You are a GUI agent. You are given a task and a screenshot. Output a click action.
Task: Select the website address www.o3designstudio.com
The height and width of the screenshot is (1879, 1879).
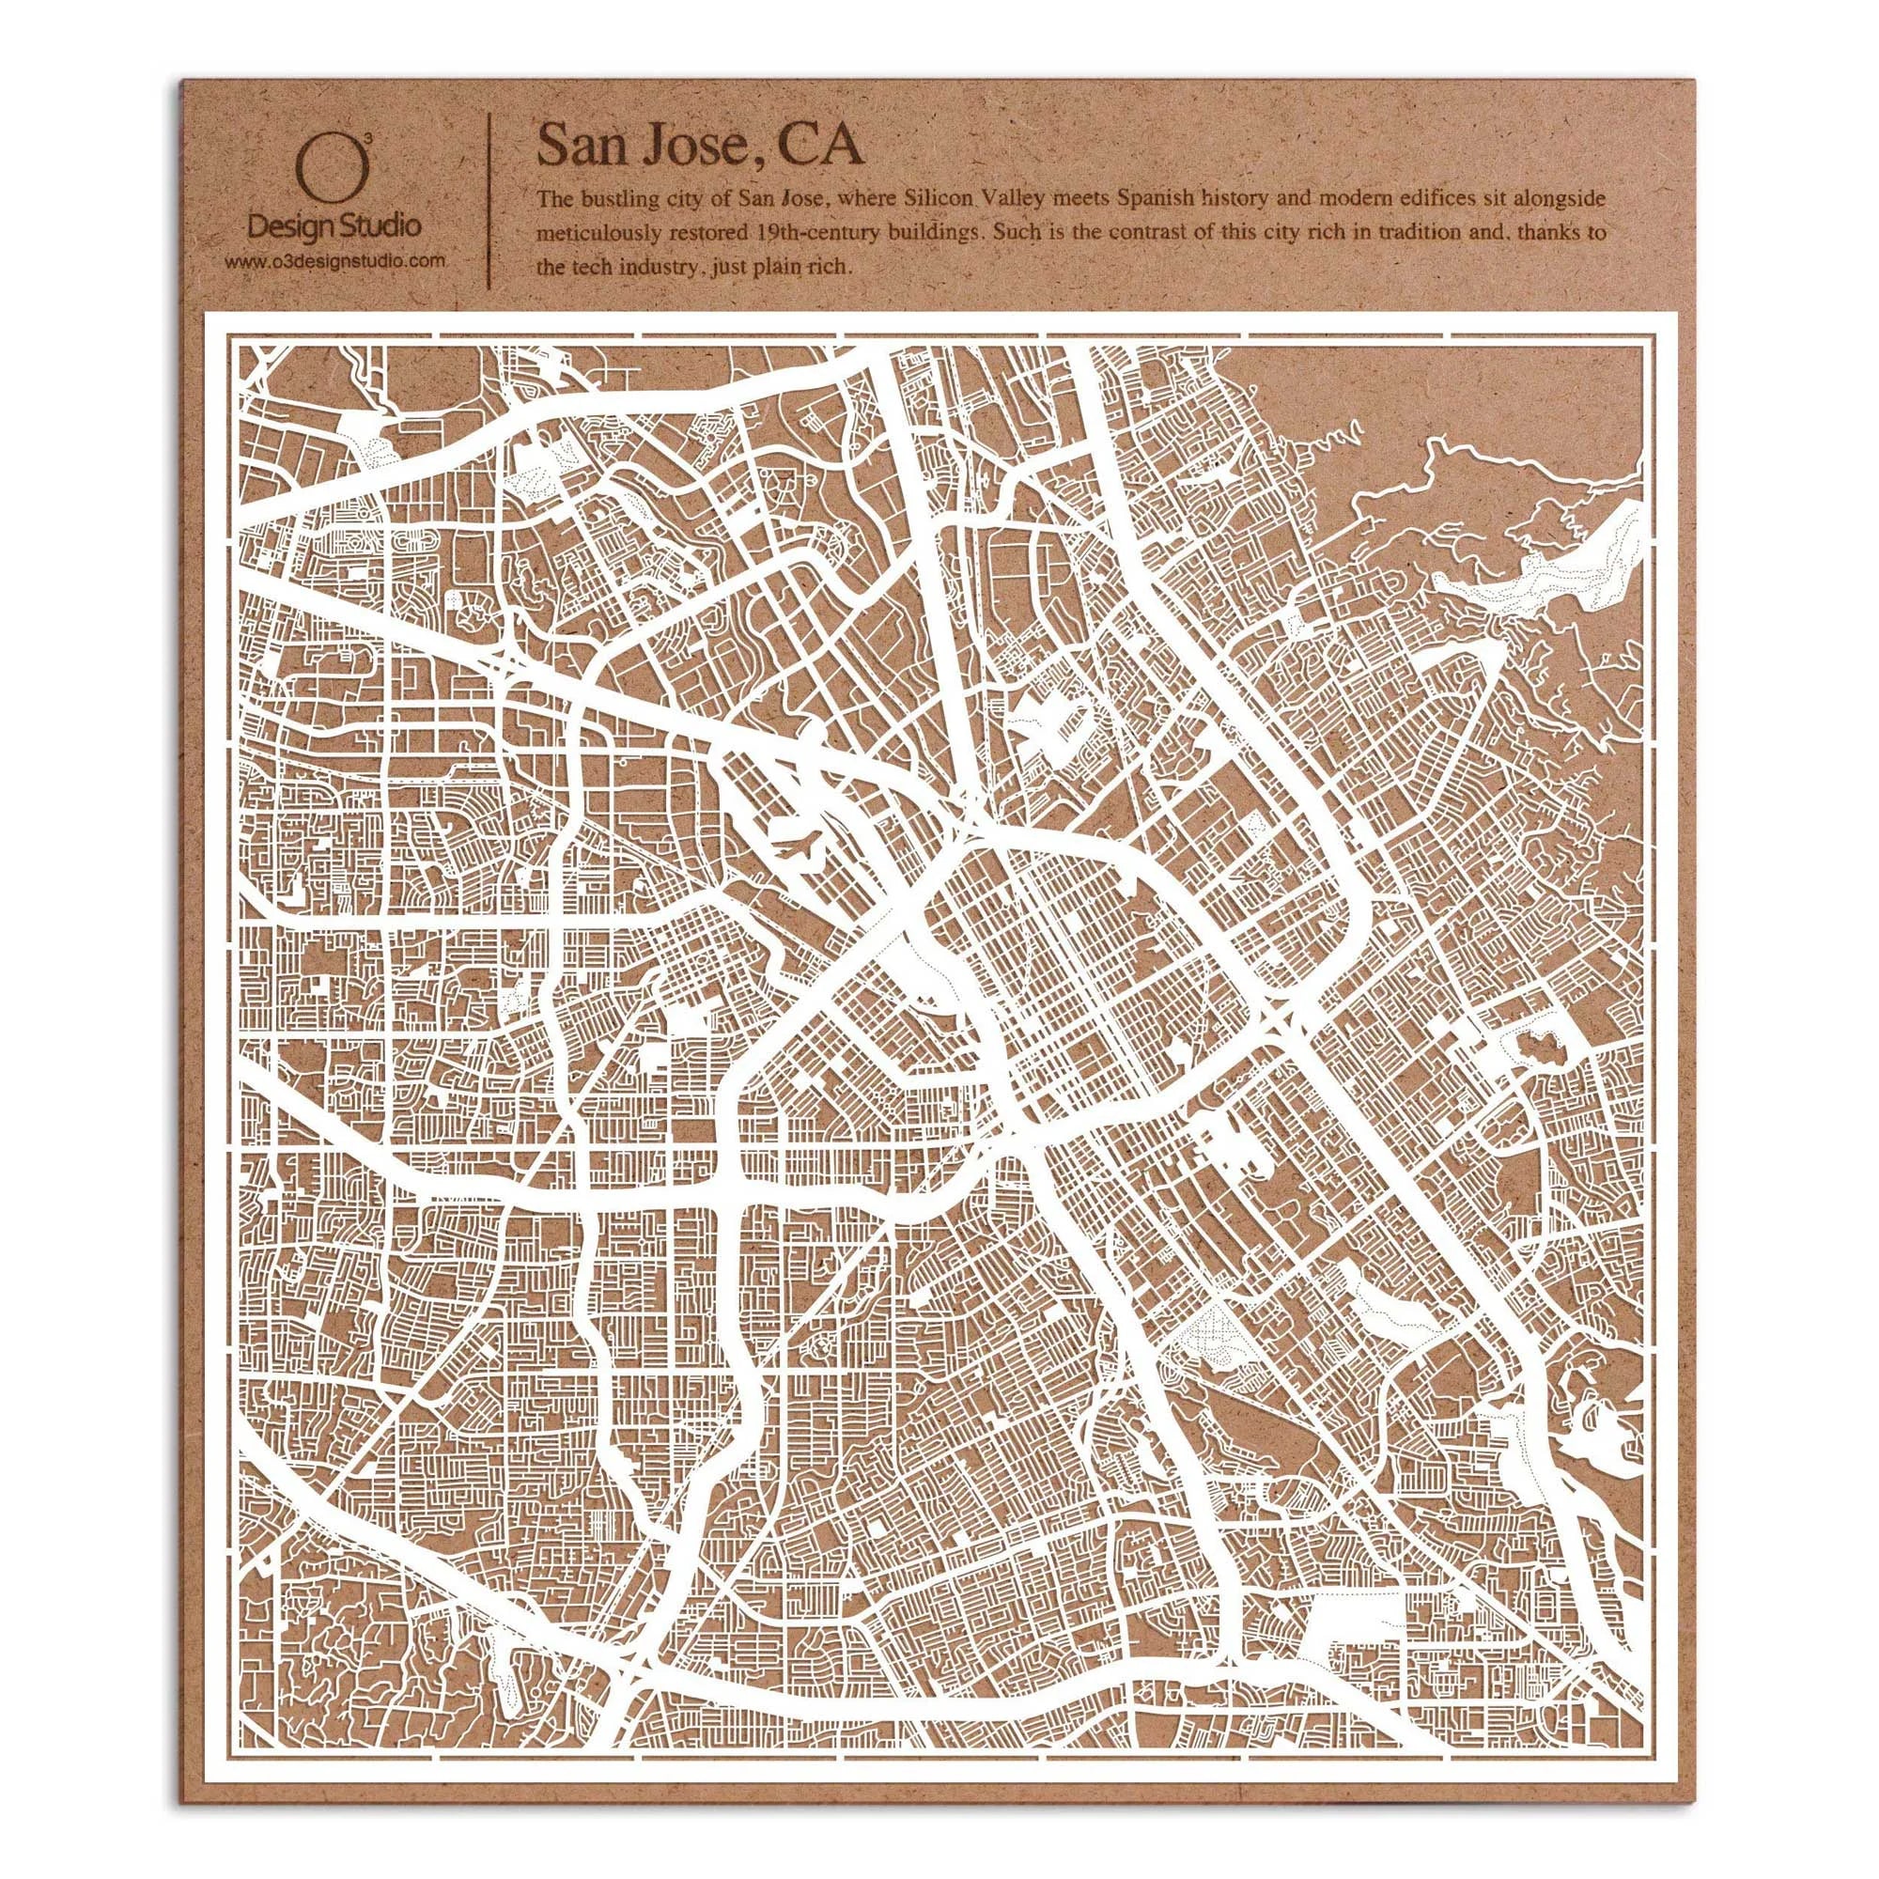(334, 259)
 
